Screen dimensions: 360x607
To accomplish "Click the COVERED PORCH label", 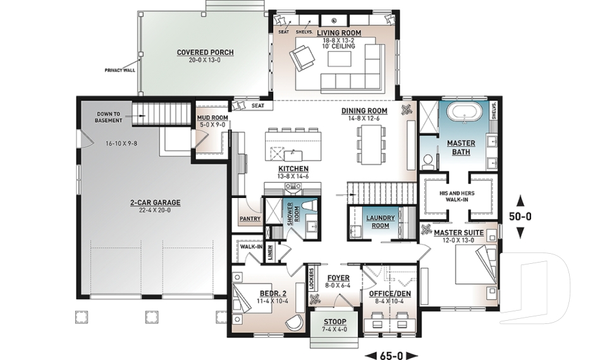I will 205,52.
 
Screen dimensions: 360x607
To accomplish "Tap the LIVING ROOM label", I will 338,32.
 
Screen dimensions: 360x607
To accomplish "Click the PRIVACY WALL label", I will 120,70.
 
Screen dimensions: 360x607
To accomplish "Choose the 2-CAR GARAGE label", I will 155,202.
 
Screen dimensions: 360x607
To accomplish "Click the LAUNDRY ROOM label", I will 381,221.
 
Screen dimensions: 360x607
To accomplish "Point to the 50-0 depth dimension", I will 520,216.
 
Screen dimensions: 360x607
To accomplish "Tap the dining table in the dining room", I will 371,144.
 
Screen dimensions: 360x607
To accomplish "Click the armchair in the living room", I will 301,59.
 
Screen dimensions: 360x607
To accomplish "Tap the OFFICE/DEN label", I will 386,294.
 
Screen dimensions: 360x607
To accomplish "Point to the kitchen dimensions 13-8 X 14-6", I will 293,177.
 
